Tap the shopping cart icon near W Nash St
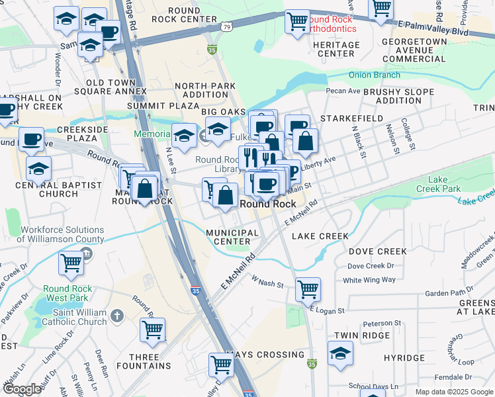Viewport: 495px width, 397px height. click(x=308, y=288)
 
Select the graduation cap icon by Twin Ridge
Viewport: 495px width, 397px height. click(x=340, y=354)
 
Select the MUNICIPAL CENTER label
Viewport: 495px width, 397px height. click(x=232, y=237)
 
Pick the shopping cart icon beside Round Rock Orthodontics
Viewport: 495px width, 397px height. click(x=297, y=21)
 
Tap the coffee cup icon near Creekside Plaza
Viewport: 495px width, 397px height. click(x=31, y=139)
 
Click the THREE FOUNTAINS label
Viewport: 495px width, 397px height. click(x=138, y=361)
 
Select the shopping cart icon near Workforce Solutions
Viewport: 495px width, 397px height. click(x=71, y=263)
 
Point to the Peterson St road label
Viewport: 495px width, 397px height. click(x=378, y=323)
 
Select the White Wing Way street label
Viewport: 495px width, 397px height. click(x=369, y=280)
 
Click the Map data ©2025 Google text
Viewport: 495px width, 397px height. click(x=453, y=392)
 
